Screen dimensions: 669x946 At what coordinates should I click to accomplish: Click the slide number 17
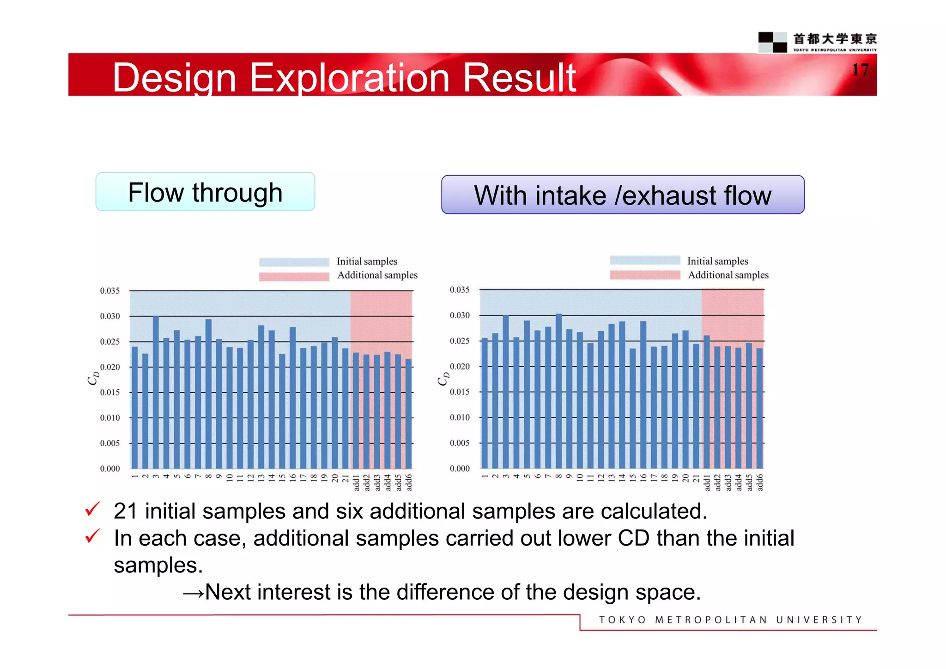860,70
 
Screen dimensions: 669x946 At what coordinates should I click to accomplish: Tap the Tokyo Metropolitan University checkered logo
772,42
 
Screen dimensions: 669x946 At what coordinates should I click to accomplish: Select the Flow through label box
205,192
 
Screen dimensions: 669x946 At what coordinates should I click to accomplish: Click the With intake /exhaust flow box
622,195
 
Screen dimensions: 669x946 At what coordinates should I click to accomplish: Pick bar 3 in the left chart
156,393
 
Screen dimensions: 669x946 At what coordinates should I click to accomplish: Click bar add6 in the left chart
408,414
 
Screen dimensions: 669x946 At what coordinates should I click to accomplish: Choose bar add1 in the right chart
706,402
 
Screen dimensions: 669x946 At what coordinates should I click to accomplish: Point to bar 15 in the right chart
632,408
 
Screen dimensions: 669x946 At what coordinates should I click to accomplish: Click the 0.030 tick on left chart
109,316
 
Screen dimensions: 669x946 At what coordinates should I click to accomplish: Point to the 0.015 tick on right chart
460,392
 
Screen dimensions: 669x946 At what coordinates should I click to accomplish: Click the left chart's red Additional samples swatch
294,276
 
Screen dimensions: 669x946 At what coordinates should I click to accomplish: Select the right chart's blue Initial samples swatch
645,260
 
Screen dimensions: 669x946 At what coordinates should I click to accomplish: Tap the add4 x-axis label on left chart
387,482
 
